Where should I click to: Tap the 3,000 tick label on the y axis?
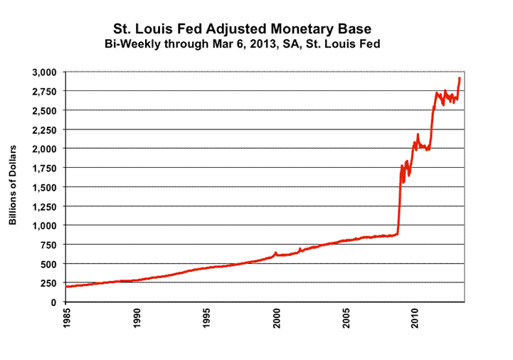[47, 73]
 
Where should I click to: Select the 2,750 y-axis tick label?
[47, 92]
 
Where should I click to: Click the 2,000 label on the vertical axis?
[47, 149]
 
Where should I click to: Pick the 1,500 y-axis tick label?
[47, 187]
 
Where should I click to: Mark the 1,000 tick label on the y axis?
[47, 226]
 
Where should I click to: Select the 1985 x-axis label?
[66, 319]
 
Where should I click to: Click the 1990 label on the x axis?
[136, 319]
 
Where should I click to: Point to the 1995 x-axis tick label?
[206, 319]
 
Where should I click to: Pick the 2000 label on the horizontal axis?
[276, 319]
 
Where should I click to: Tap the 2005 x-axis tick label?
[346, 319]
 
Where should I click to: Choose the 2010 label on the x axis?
[416, 319]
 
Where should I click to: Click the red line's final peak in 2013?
[460, 78]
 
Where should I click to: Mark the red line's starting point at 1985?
[66, 287]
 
